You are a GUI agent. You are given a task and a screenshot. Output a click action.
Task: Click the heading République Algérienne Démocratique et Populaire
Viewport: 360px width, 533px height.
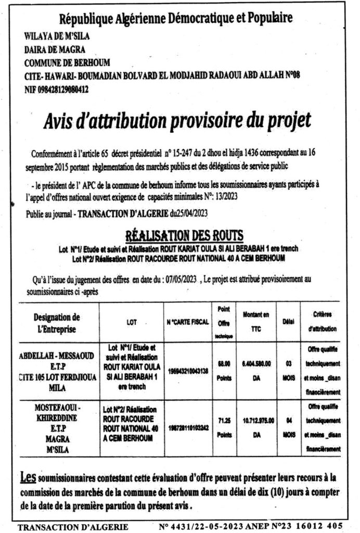[x=176, y=19]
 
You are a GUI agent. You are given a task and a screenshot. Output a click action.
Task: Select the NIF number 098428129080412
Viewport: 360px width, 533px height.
[x=56, y=89]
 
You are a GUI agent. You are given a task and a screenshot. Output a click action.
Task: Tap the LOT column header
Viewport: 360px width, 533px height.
[x=132, y=323]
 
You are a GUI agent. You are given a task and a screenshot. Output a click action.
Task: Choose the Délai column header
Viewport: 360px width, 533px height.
[x=285, y=323]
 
